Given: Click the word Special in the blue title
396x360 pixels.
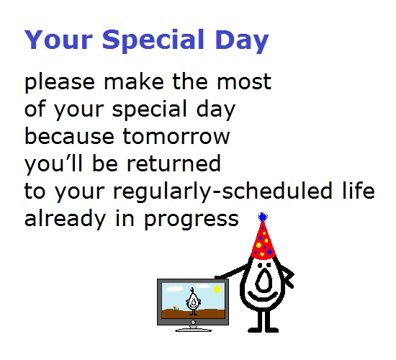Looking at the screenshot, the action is pyautogui.click(x=153, y=40).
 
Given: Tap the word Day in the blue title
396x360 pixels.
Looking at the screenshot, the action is pyautogui.click(x=242, y=40).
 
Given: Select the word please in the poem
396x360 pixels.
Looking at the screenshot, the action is pyautogui.click(x=60, y=82).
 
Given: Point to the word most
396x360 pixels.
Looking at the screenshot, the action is pyautogui.click(x=244, y=82).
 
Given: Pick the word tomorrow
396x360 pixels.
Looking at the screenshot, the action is pyautogui.click(x=176, y=136).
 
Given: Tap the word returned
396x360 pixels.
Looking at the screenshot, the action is pyautogui.click(x=174, y=163).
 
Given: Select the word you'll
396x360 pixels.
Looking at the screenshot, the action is pyautogui.click(x=53, y=164).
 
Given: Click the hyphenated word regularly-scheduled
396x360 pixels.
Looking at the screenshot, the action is pyautogui.click(x=222, y=192).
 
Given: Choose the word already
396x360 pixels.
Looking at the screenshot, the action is pyautogui.click(x=65, y=219).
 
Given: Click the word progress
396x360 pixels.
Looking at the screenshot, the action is pyautogui.click(x=192, y=220).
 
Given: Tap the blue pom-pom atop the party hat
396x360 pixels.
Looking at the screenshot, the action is pyautogui.click(x=263, y=217).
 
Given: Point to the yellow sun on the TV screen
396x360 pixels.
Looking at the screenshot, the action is pyautogui.click(x=217, y=289).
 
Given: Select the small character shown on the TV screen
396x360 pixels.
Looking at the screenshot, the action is pyautogui.click(x=193, y=302).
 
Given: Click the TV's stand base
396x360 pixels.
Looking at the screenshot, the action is pyautogui.click(x=193, y=330).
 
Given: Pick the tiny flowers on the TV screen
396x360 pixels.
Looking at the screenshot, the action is pyautogui.click(x=176, y=309).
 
